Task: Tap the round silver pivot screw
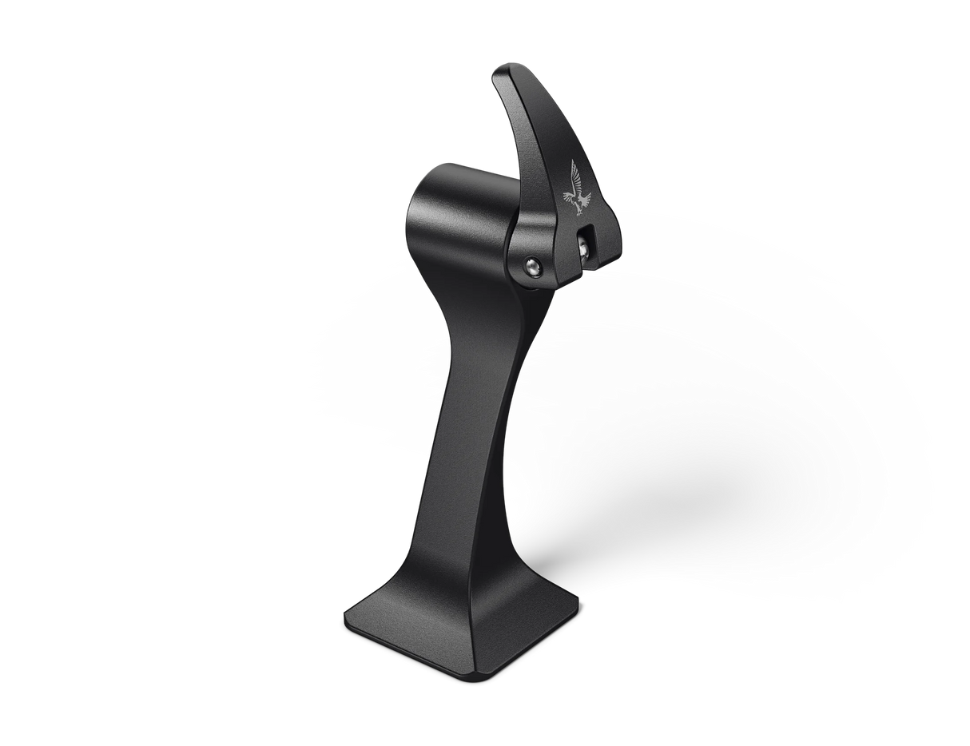click(531, 268)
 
